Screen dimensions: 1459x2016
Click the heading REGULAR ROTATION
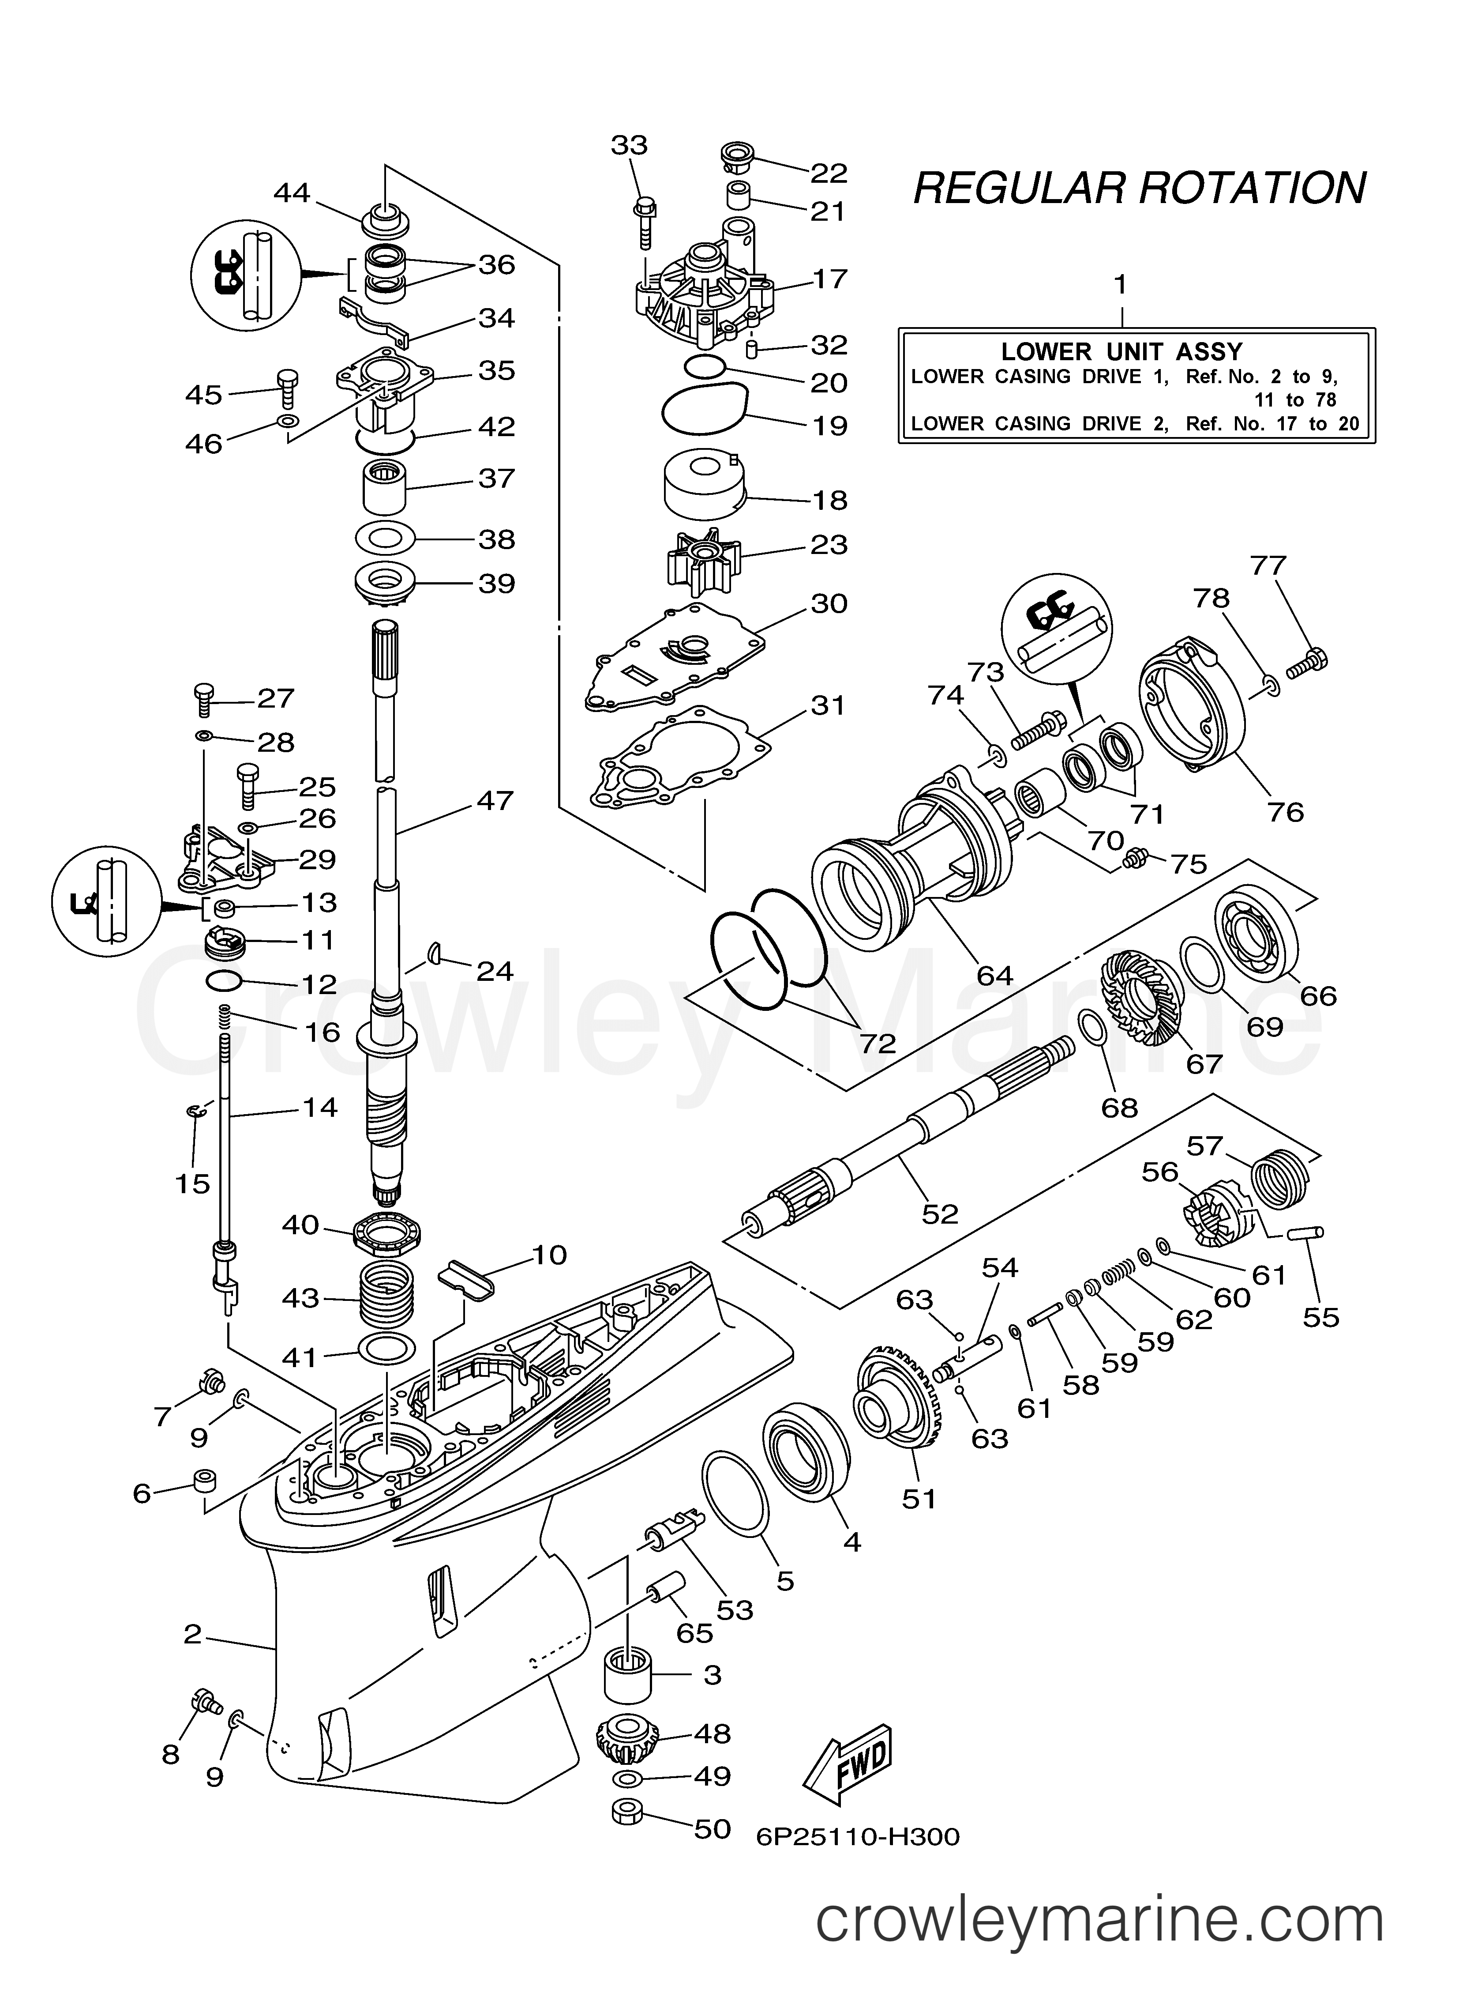pyautogui.click(x=1140, y=188)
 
